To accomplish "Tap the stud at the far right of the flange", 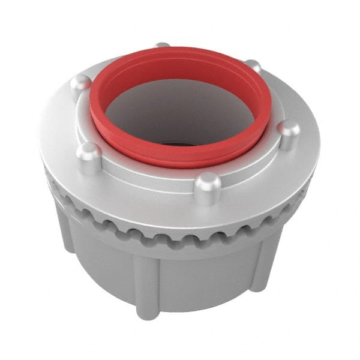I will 289,135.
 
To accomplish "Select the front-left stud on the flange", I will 89,158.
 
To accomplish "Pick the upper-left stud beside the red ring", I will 81,87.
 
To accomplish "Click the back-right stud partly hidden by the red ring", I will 254,66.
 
